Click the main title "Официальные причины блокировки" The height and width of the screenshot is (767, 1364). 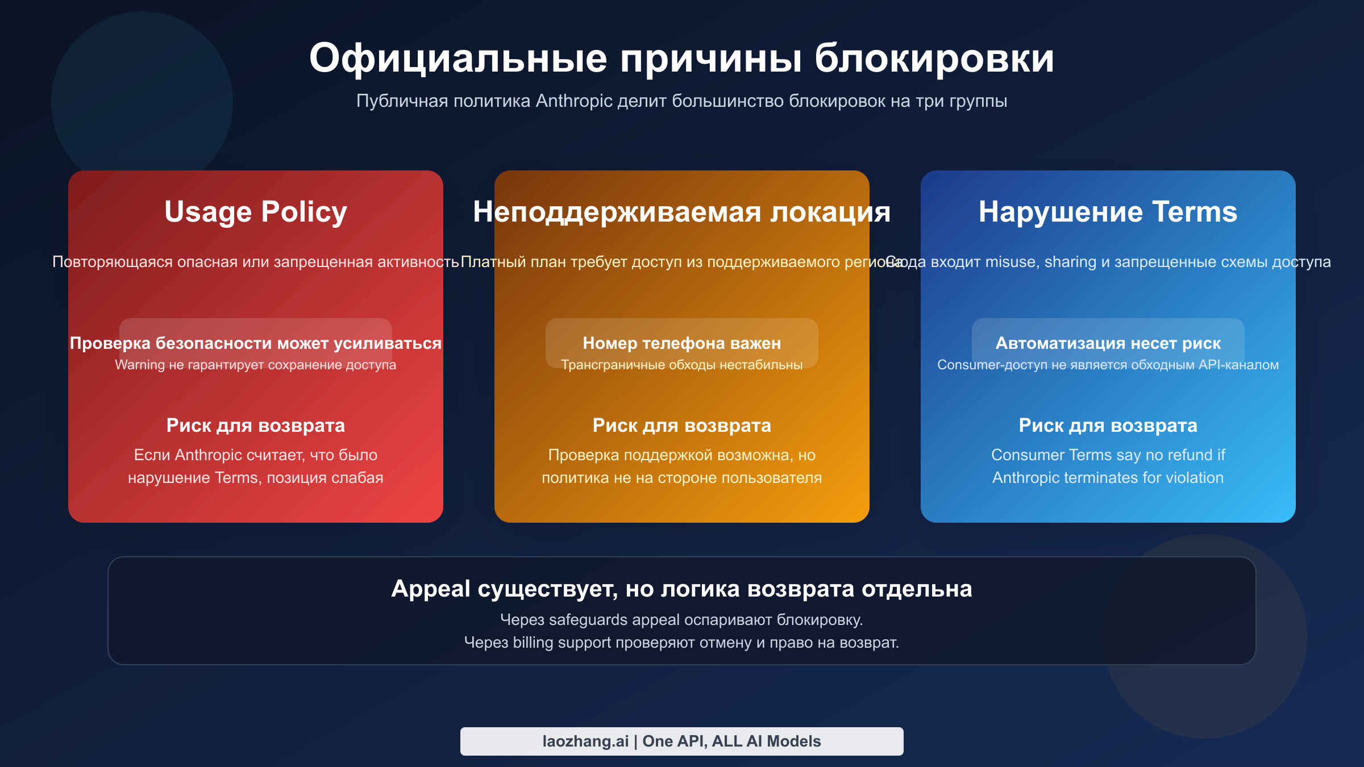coord(681,58)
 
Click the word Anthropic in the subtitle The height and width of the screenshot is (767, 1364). coord(574,101)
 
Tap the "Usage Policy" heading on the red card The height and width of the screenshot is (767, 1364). coord(255,212)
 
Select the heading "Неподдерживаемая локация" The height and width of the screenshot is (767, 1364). coord(681,212)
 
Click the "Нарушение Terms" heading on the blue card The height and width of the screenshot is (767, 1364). coord(1108,212)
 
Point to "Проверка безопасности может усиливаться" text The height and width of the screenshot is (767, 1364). coord(255,343)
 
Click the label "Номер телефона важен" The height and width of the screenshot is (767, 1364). coord(681,343)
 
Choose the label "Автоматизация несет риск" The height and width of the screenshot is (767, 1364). coord(1108,343)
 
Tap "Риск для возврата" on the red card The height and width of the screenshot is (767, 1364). coord(255,426)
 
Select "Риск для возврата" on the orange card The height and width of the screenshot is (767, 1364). coord(681,426)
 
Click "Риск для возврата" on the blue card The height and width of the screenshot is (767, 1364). coord(1108,426)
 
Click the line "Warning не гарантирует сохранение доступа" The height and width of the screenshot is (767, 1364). coord(255,365)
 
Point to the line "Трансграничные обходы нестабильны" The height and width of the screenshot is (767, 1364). coord(681,365)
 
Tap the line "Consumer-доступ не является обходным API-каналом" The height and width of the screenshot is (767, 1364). coord(1108,365)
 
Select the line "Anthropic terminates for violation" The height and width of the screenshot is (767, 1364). coord(1108,478)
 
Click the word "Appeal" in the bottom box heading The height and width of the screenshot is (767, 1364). coord(431,589)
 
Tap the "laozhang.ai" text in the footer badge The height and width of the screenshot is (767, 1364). coord(585,741)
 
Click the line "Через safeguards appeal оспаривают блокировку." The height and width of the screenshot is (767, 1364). coord(681,620)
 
